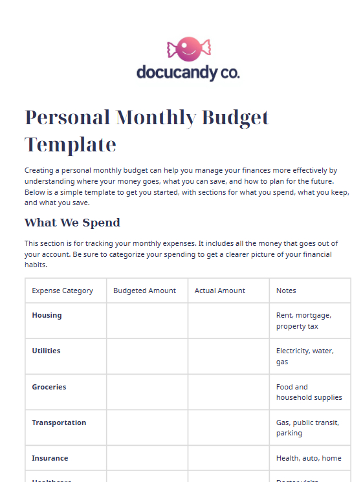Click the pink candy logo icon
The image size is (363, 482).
coord(188,49)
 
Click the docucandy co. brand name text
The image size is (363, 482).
coord(188,72)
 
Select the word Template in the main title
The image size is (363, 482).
coord(71,144)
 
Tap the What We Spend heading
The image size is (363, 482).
coord(72,223)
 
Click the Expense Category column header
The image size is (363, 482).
coord(63,290)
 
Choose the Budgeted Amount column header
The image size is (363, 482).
coord(144,290)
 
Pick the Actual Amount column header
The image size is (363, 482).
coord(220,290)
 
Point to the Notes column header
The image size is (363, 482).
coord(286,290)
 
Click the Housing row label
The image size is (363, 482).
coord(47,315)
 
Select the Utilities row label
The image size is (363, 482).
coord(47,351)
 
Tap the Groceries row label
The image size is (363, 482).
coord(49,387)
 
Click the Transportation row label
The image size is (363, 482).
coord(59,422)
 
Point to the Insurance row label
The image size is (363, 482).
coord(50,458)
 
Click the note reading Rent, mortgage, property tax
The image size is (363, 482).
coord(303,320)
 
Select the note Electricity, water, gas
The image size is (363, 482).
coord(304,356)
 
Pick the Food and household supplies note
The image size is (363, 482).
coord(309,392)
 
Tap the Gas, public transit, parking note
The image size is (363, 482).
coord(307,428)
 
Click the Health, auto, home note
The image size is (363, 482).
coord(309,458)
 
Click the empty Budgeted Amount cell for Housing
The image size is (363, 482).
coord(147,320)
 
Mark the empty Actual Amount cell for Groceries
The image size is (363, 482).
coord(228,392)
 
